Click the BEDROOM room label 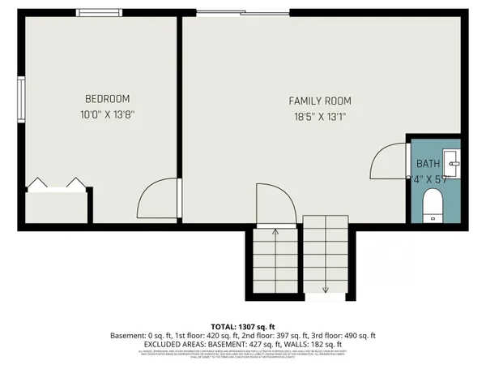point(107,99)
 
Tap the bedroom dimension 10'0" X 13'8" point(107,114)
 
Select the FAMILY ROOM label point(320,101)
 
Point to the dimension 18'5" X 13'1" point(320,116)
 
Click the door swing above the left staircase point(274,203)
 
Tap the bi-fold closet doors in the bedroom point(56,184)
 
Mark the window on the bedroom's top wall point(100,12)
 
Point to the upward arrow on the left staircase point(275,233)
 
